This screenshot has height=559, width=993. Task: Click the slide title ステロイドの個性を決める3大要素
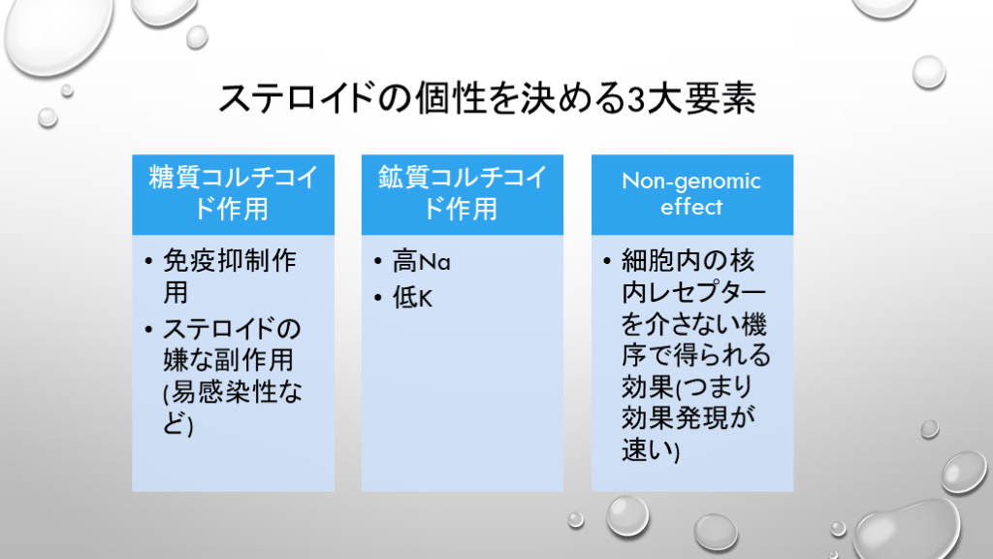[487, 99]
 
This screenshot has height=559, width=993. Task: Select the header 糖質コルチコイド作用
[233, 193]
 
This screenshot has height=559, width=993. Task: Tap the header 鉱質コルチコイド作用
[463, 193]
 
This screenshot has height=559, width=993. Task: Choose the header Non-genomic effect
[691, 194]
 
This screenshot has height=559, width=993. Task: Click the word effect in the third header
[691, 207]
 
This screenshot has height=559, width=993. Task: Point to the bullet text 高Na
[421, 261]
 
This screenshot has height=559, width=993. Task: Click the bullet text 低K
[412, 297]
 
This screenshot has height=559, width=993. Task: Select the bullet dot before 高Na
[378, 261]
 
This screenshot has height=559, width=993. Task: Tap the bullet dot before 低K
[378, 297]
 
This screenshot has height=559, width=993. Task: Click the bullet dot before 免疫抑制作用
[148, 260]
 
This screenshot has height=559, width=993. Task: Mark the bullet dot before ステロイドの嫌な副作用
[148, 329]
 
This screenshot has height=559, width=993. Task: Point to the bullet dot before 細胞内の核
[607, 260]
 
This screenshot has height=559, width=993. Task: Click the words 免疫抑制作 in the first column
[230, 260]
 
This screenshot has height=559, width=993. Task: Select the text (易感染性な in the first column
[233, 392]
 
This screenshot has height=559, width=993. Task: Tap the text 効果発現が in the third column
[689, 418]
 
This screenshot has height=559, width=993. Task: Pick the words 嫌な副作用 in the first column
[229, 361]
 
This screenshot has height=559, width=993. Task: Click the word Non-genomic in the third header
[691, 181]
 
